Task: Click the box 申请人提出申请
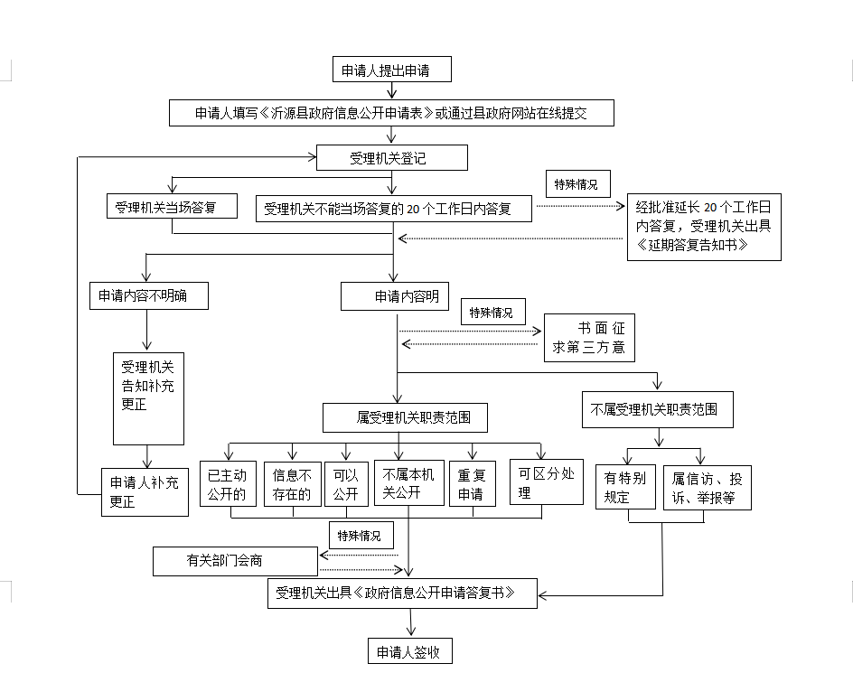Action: pyautogui.click(x=391, y=70)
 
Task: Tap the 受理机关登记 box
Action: pyautogui.click(x=391, y=158)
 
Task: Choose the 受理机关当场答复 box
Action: pyautogui.click(x=172, y=207)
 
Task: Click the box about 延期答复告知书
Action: pyautogui.click(x=704, y=229)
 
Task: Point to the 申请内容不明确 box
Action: pyautogui.click(x=149, y=295)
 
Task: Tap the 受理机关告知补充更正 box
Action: pyautogui.click(x=148, y=398)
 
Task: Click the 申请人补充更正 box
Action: pyautogui.click(x=145, y=491)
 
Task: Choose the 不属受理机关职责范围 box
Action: pyautogui.click(x=656, y=409)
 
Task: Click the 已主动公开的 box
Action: pyautogui.click(x=227, y=484)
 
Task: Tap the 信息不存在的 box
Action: pyautogui.click(x=292, y=484)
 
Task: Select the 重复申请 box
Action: pyautogui.click(x=472, y=484)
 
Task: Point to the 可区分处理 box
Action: pyautogui.click(x=546, y=481)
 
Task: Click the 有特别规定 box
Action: pyautogui.click(x=625, y=487)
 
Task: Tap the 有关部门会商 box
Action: pyautogui.click(x=235, y=561)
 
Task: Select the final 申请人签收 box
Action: pyautogui.click(x=408, y=651)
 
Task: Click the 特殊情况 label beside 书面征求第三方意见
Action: pyautogui.click(x=492, y=313)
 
